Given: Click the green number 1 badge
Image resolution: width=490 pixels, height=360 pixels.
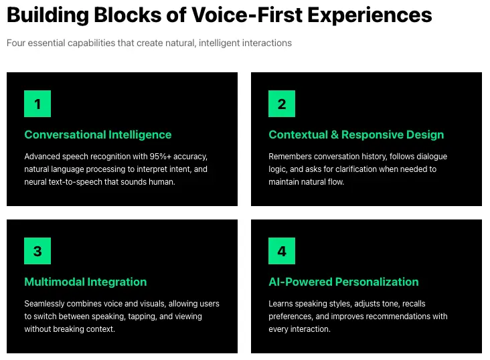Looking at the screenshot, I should click(37, 104).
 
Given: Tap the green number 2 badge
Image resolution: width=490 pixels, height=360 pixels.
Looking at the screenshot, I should click(282, 104).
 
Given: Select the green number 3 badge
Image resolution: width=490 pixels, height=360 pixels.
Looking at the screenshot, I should click(37, 251).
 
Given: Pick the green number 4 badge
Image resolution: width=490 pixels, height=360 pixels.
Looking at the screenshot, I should click(282, 251).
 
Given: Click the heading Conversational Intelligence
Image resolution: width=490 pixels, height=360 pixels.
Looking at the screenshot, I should click(98, 134).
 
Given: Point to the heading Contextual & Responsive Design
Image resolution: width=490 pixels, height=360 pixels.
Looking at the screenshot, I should click(356, 134).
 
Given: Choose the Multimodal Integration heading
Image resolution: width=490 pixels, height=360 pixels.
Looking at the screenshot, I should click(86, 282).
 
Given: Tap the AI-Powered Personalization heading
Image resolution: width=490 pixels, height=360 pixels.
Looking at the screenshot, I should click(343, 282).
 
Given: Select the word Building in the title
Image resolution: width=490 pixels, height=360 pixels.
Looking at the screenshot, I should click(44, 15).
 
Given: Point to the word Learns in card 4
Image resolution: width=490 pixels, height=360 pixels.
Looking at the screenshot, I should click(281, 304).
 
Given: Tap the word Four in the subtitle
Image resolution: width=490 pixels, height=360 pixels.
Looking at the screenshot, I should click(16, 43).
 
